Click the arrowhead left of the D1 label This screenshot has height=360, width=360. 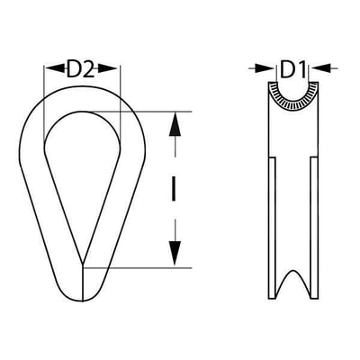(x=265, y=68)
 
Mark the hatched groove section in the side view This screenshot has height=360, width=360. (x=293, y=99)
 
